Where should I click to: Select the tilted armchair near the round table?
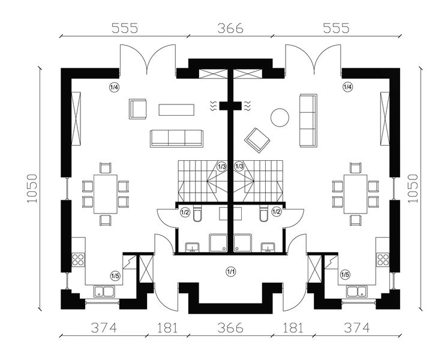[x=257, y=139]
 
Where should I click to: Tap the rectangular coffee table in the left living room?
[x=176, y=110]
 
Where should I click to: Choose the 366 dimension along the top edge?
[x=230, y=28]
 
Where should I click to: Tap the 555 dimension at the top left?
[x=124, y=28]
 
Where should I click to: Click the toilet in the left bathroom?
[x=199, y=215]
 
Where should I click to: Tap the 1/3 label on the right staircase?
[x=239, y=166]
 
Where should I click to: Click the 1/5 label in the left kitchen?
[x=115, y=275]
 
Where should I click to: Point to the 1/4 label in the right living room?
[x=347, y=88]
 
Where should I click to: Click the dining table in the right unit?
[x=355, y=194]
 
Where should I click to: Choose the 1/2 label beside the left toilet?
[x=185, y=211]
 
